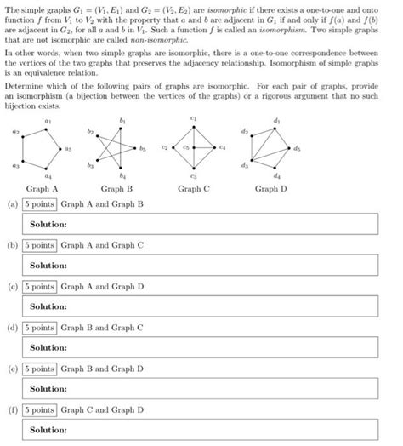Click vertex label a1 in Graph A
click(46, 121)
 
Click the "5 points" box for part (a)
click(39, 205)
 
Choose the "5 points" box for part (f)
click(39, 410)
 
